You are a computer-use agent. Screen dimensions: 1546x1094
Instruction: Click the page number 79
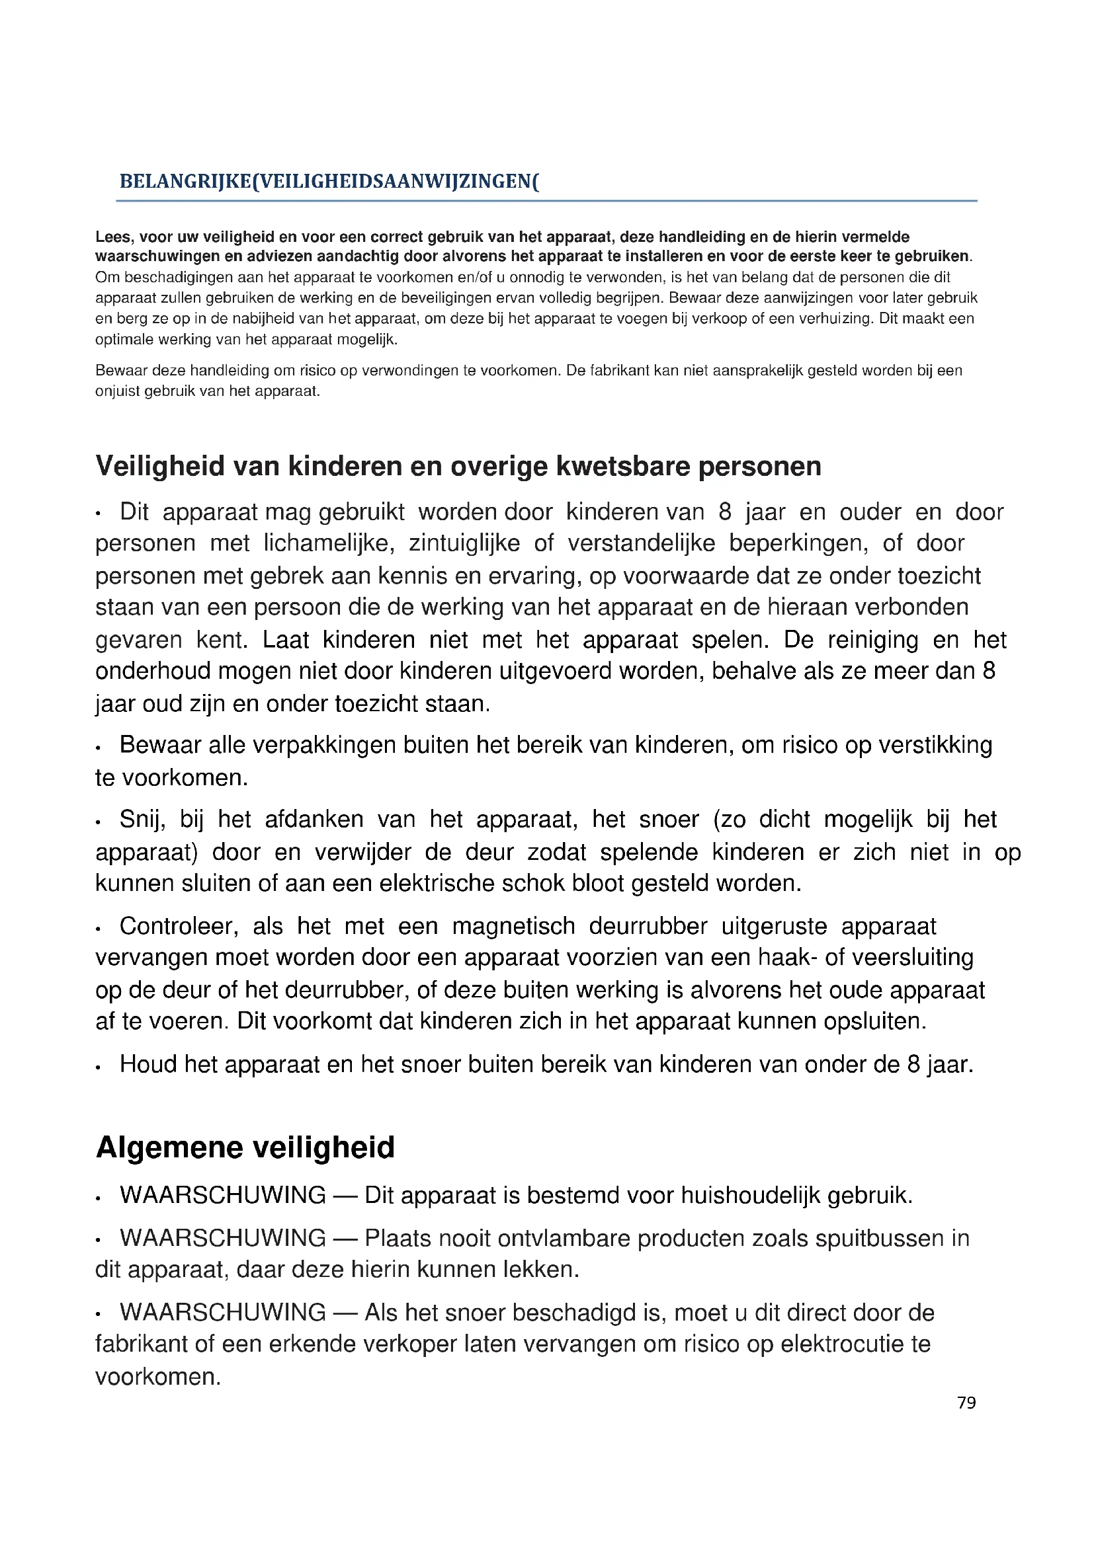pyautogui.click(x=966, y=1403)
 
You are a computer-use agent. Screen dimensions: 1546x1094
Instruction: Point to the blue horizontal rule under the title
pyautogui.click(x=546, y=201)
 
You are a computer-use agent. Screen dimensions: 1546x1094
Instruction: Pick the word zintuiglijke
pyautogui.click(x=464, y=543)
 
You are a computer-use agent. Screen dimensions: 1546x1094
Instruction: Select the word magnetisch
pyautogui.click(x=513, y=927)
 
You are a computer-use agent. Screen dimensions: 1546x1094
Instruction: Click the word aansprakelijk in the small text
pyautogui.click(x=745, y=370)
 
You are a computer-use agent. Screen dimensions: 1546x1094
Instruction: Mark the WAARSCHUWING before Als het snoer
pyautogui.click(x=223, y=1313)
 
